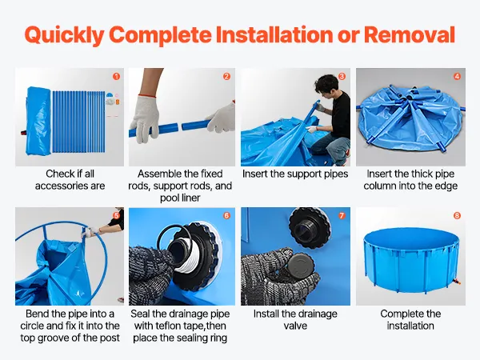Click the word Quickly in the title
click(x=64, y=35)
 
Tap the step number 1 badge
click(x=116, y=76)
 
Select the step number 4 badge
click(x=457, y=76)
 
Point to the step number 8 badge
click(x=457, y=215)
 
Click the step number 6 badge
click(x=226, y=215)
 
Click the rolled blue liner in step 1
click(x=38, y=121)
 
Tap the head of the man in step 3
click(x=327, y=86)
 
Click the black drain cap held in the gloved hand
click(x=300, y=266)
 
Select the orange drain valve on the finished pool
click(x=458, y=281)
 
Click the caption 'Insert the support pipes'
click(x=295, y=174)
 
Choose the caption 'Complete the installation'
click(x=410, y=319)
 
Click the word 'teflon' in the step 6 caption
click(x=166, y=326)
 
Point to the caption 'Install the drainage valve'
click(x=295, y=319)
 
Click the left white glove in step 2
click(x=145, y=118)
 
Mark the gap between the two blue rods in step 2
click(x=180, y=126)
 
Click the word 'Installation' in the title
click(x=274, y=34)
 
